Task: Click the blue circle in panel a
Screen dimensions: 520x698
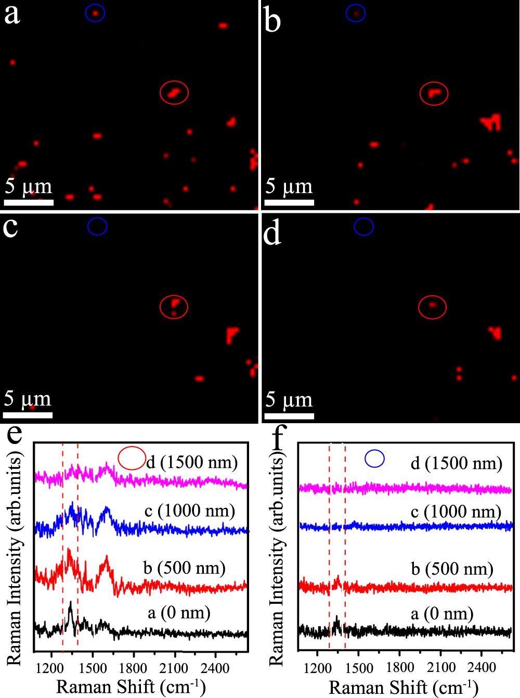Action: pos(95,13)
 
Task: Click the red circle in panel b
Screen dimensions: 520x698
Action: pos(434,94)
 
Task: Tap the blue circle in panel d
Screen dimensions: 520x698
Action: pos(363,226)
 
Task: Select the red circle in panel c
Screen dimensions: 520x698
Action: pos(174,307)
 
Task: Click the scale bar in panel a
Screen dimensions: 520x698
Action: pos(29,202)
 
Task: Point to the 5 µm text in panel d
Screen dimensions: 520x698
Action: pos(289,400)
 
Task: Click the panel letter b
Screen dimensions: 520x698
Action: pos(272,21)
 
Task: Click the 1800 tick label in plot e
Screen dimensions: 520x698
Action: pos(134,668)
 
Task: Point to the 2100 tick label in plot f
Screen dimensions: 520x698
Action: pos(441,667)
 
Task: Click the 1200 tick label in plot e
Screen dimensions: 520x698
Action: pos(50,668)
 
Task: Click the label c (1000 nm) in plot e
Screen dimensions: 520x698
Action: pos(190,511)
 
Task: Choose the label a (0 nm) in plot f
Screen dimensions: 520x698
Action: pos(442,614)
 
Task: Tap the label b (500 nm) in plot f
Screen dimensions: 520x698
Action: pos(452,568)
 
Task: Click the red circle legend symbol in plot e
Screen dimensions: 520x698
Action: pos(132,458)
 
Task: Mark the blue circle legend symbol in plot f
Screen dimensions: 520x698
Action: pos(374,459)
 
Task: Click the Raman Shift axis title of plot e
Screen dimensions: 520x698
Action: pos(131,687)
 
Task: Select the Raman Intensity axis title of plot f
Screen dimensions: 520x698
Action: pos(277,560)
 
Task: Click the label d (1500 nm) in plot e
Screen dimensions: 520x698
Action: pos(192,462)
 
